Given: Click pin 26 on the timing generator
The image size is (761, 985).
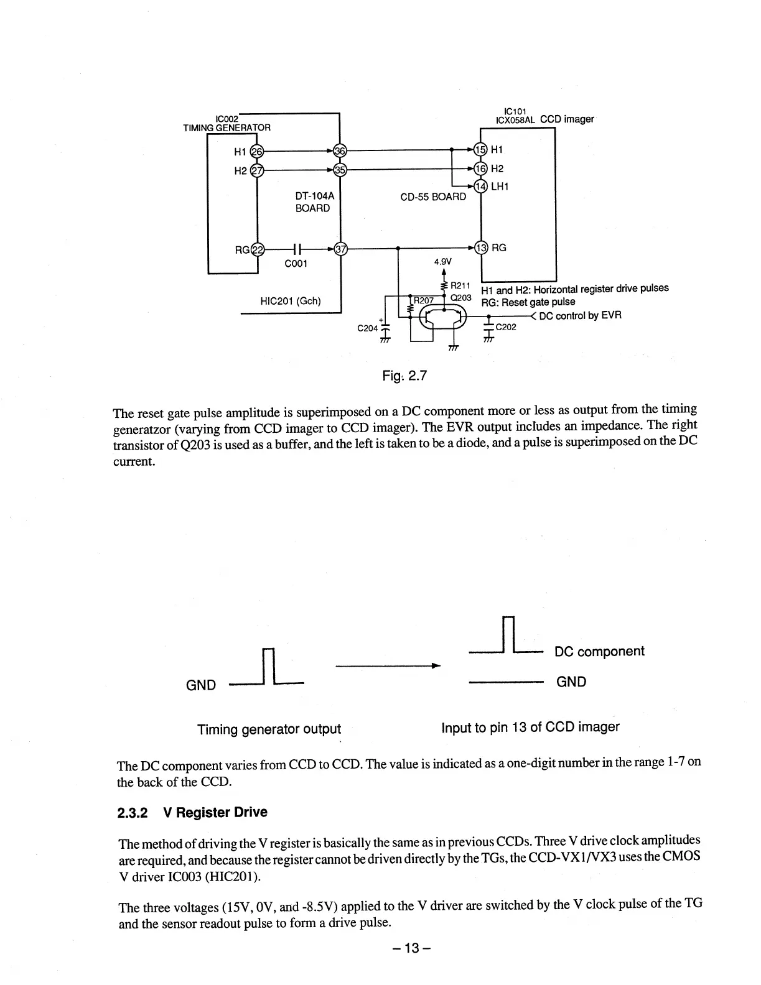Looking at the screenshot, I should coord(257,151).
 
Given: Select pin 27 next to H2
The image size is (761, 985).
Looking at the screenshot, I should coord(257,170).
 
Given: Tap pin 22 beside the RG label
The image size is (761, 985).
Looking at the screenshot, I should coord(257,250).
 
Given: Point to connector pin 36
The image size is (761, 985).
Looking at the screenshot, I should coord(340,150).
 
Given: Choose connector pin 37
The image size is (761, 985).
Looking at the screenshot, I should coord(340,249).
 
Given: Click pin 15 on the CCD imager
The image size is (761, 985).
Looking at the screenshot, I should coord(481,150).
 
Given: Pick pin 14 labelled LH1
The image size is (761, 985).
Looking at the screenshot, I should coord(481,187).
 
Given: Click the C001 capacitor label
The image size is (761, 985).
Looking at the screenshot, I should coord(296,264).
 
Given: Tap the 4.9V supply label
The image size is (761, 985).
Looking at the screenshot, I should coord(442,262).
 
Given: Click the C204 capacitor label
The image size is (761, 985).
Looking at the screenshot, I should coord(368,328).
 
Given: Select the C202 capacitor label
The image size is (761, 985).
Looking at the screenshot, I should coord(506,328).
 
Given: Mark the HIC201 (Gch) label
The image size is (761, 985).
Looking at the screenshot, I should coord(291,302).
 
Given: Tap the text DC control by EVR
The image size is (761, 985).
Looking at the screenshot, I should coord(580,315).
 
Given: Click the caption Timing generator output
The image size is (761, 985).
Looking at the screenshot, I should coord(269,729).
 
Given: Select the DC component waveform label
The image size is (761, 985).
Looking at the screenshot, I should coord(599,651).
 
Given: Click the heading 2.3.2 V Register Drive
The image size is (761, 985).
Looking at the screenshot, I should coord(192,812).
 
